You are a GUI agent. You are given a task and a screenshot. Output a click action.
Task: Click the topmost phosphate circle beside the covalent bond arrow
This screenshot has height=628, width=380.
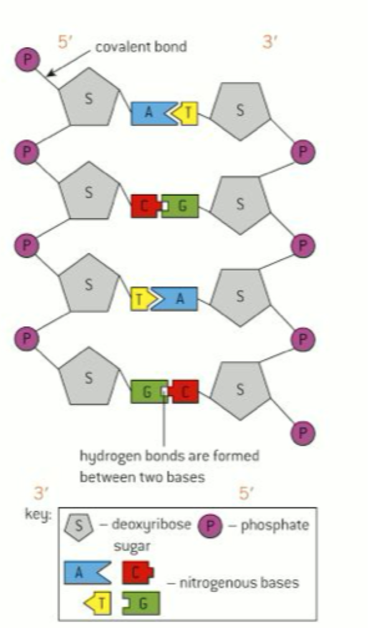(x=27, y=60)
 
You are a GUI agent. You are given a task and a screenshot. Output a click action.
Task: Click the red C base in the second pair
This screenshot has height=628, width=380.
(x=145, y=206)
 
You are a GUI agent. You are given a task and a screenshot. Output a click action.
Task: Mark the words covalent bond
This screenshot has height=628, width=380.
(x=141, y=47)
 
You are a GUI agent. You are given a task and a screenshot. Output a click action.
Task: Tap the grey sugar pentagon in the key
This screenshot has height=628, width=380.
(x=77, y=528)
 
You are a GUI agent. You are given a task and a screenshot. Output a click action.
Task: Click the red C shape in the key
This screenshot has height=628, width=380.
(x=138, y=572)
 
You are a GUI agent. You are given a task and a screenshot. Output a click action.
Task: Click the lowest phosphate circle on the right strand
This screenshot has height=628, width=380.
(x=303, y=431)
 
